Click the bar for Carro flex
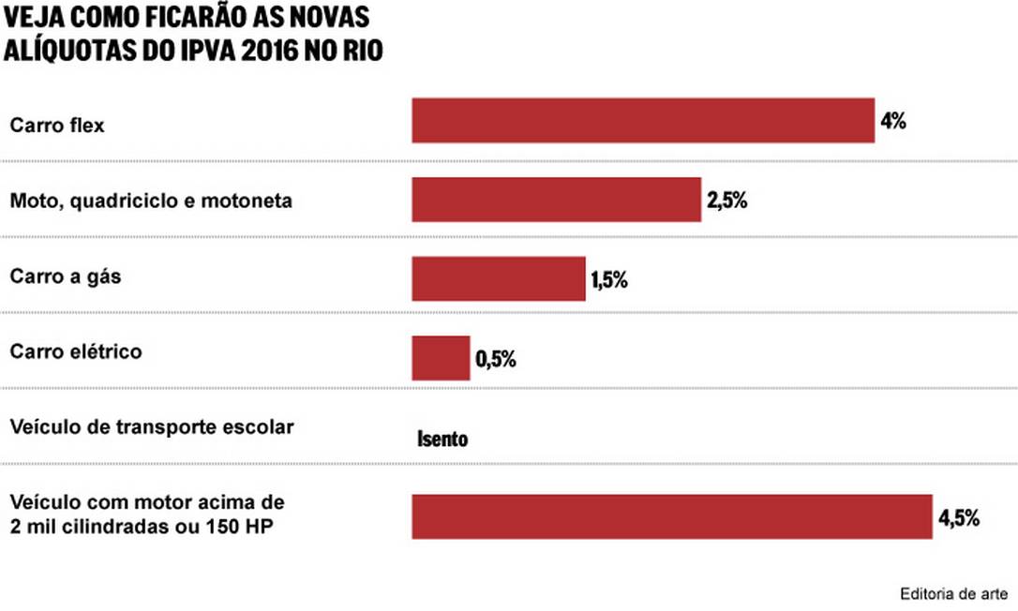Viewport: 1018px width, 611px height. (x=643, y=121)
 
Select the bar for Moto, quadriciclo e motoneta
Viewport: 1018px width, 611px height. (x=556, y=200)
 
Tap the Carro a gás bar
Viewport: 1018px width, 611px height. (x=499, y=278)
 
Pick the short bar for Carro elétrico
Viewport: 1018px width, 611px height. (x=441, y=357)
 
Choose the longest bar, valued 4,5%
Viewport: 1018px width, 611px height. (x=672, y=516)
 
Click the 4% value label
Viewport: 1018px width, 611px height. (x=892, y=122)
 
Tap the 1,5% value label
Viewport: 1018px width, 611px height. (x=608, y=279)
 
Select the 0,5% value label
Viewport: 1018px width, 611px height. (x=496, y=358)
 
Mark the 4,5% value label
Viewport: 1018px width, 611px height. (x=958, y=517)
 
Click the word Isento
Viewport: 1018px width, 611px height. (x=442, y=439)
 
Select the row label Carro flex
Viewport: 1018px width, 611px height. (x=57, y=126)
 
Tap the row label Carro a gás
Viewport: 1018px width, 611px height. (x=66, y=277)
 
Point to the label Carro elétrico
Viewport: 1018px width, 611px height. (x=76, y=352)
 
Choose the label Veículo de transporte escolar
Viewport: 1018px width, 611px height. (x=152, y=427)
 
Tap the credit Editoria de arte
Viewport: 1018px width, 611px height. (x=953, y=594)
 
